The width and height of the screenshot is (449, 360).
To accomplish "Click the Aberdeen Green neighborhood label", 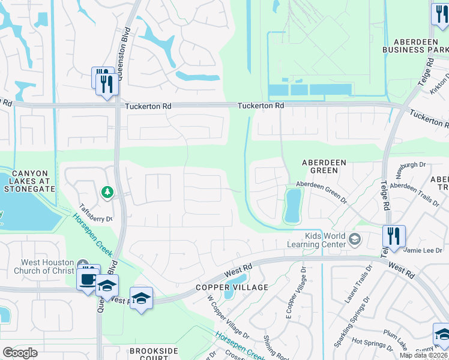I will click(x=325, y=166).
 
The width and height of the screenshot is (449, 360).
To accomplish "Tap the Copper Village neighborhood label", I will click(x=232, y=287).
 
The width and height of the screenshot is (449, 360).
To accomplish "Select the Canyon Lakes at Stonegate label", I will click(x=29, y=179).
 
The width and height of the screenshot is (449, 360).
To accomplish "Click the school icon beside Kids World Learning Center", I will click(x=355, y=240).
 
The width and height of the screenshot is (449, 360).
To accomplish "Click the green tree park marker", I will click(x=106, y=192).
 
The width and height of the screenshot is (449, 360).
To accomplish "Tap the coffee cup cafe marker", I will click(x=88, y=280).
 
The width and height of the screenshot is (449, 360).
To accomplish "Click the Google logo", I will click(x=20, y=353).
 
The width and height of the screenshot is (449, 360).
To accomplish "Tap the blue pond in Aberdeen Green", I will click(x=293, y=205).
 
